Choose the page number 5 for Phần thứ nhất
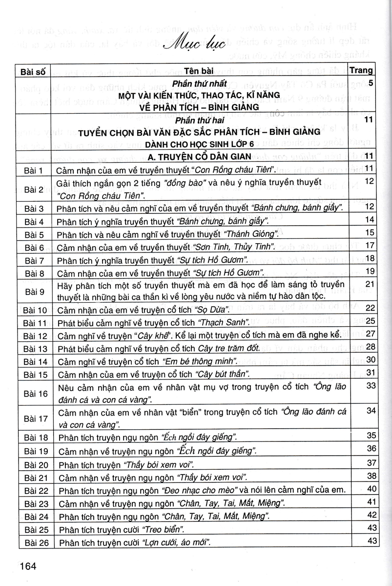371,84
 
